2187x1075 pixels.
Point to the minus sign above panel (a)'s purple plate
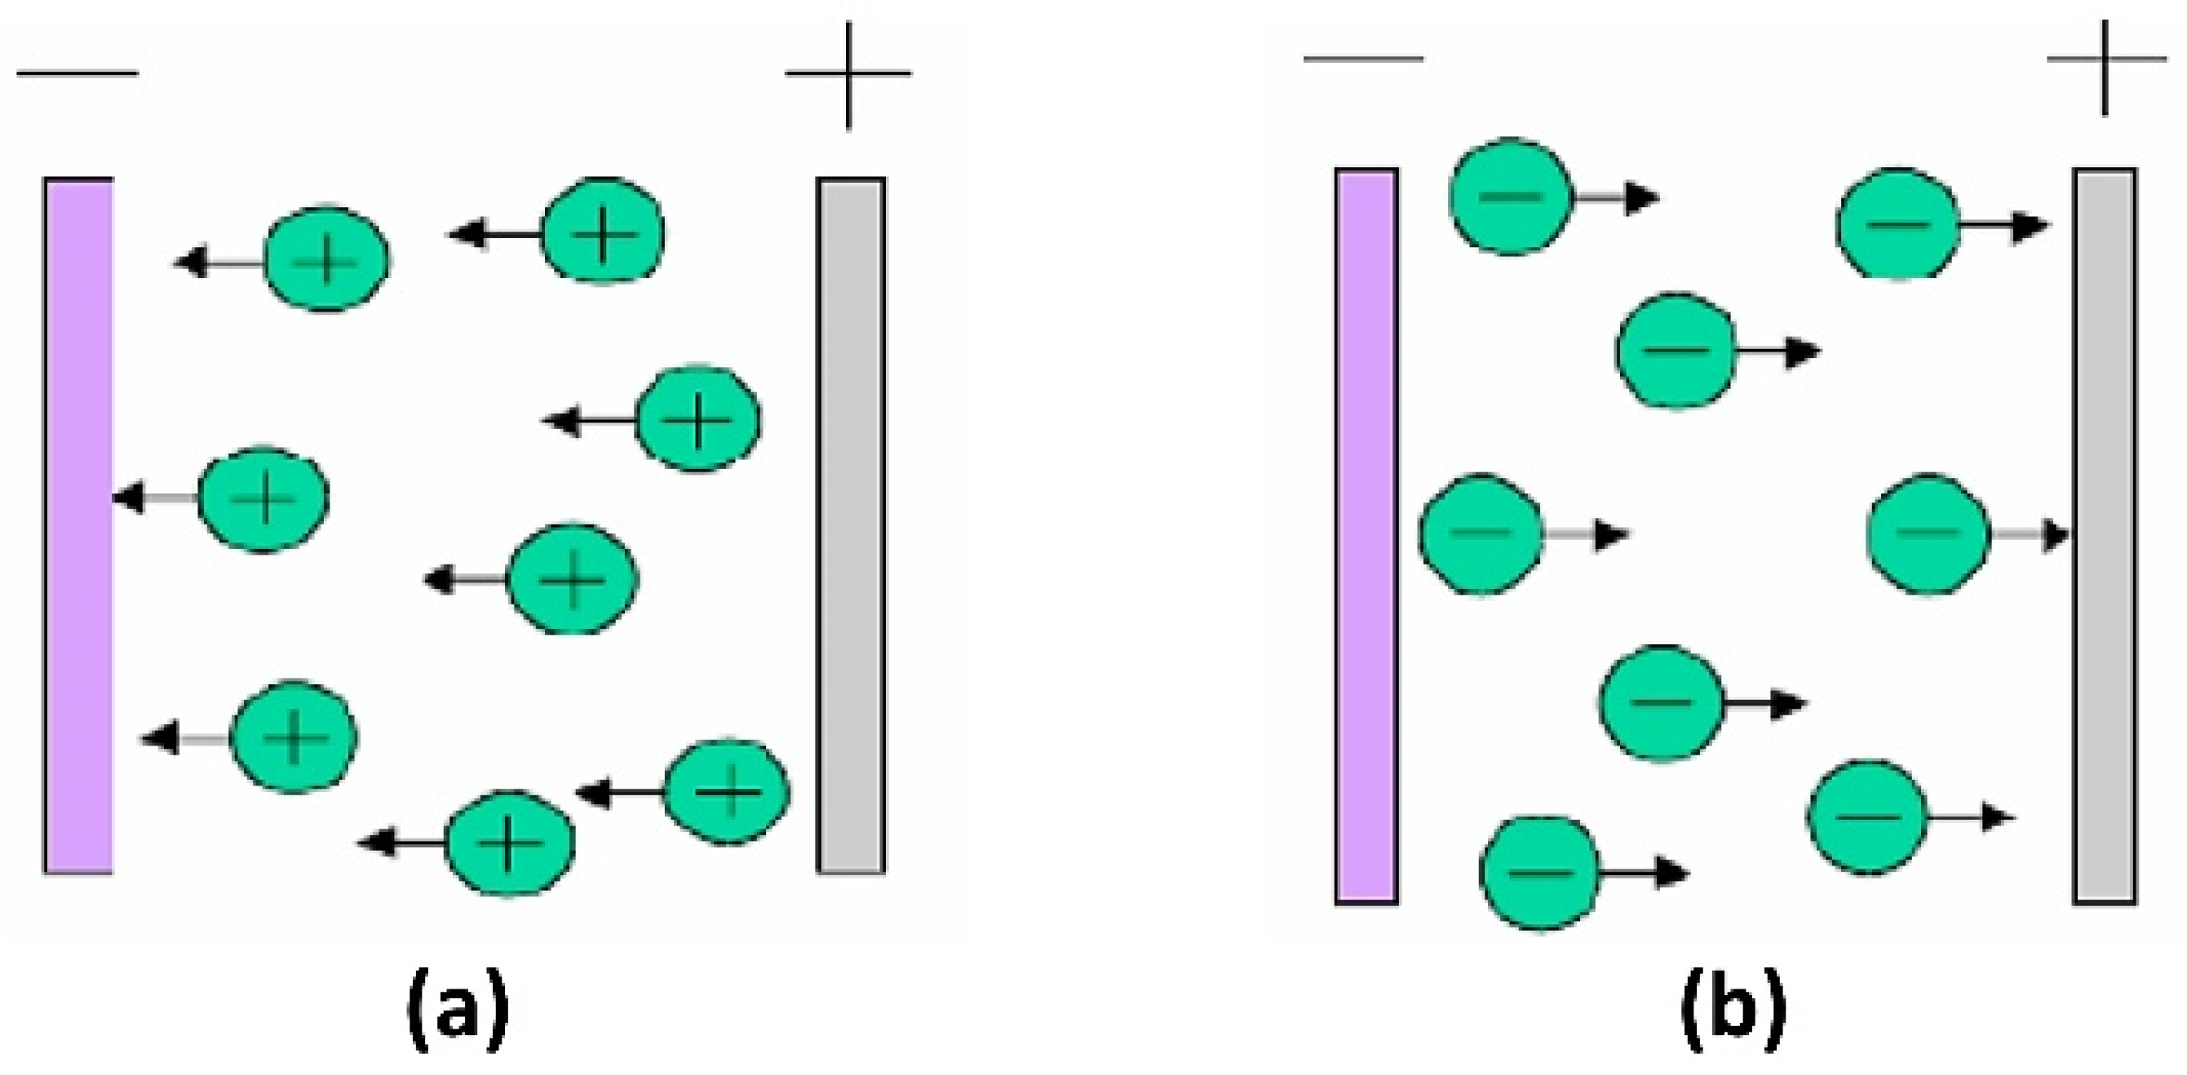(77, 73)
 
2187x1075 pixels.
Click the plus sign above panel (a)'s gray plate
(848, 74)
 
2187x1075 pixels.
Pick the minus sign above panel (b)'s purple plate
(1362, 60)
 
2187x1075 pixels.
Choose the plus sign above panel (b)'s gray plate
(2105, 60)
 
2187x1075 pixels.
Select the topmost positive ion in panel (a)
(603, 231)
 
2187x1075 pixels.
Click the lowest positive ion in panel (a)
(509, 843)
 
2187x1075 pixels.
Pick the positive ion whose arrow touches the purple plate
(263, 498)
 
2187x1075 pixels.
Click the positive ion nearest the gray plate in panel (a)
(727, 791)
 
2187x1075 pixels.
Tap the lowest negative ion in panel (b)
(1539, 873)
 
